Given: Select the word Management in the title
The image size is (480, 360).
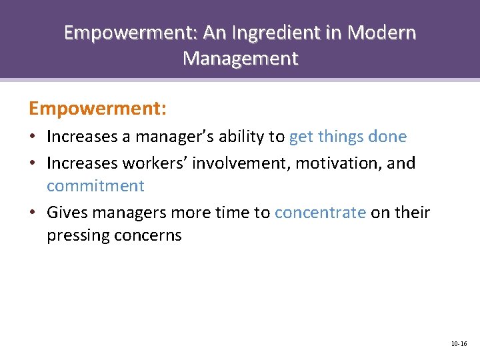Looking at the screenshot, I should [240, 59].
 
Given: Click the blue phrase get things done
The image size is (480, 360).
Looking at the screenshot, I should [347, 137].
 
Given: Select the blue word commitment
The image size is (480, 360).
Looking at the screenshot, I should [95, 186].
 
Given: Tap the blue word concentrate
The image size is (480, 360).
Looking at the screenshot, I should [320, 213].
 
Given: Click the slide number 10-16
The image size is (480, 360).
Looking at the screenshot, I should [459, 344].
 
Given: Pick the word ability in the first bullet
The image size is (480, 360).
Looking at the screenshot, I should [240, 137].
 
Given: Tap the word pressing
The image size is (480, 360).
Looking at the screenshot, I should [75, 236].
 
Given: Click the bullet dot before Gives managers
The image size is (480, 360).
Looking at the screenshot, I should [33, 213].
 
